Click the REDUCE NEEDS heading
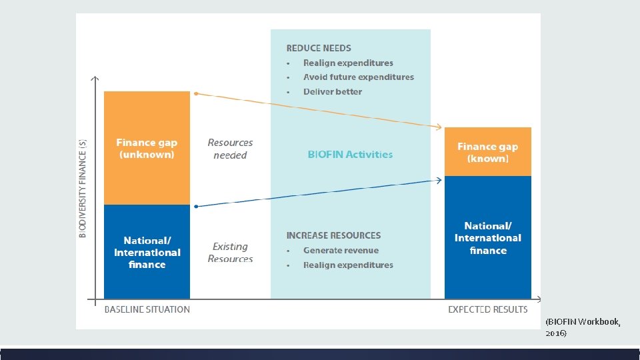(x=319, y=48)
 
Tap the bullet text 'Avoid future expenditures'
(x=359, y=77)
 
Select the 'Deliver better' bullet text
(x=333, y=92)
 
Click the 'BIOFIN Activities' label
(x=350, y=154)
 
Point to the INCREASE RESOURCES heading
(x=333, y=235)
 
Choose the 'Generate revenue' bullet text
(x=341, y=251)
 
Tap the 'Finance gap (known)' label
(x=487, y=153)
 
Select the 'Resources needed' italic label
(x=230, y=149)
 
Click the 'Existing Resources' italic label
(x=230, y=253)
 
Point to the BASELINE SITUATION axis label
(x=147, y=309)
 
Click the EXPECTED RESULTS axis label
(x=487, y=309)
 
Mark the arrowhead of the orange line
(x=439, y=127)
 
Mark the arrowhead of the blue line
(x=439, y=180)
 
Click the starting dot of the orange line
(x=195, y=93)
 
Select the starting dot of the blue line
(x=195, y=207)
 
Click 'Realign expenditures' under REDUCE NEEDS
(x=348, y=63)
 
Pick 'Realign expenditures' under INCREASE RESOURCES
(x=348, y=265)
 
